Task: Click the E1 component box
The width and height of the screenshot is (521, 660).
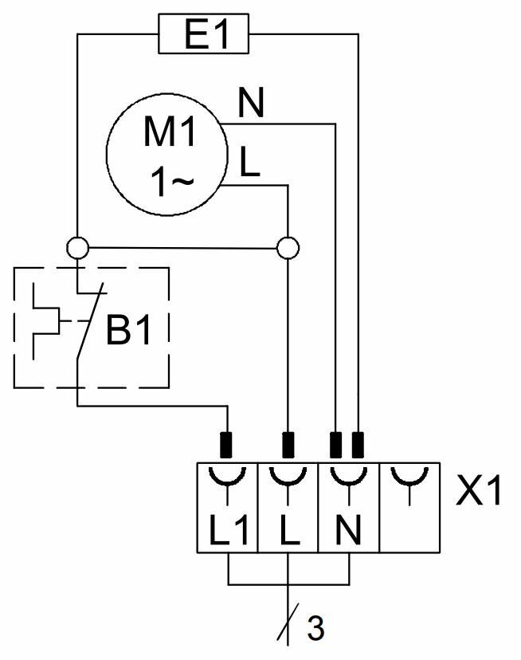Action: [x=205, y=35]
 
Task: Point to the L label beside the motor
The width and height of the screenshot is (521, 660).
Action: [x=249, y=163]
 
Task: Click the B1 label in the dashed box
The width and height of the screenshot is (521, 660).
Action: [x=128, y=332]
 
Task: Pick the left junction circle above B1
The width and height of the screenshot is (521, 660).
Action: [x=77, y=248]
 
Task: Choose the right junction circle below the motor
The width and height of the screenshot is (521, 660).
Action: [x=287, y=248]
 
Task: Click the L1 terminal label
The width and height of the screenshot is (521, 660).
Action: [x=228, y=530]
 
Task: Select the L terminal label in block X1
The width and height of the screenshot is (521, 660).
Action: [x=288, y=530]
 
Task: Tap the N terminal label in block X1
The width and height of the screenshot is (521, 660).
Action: [x=348, y=530]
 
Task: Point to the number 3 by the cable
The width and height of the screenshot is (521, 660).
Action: [x=315, y=629]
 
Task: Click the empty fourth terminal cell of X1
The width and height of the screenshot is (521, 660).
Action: [x=409, y=507]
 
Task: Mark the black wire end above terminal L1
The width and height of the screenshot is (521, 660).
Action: [x=227, y=442]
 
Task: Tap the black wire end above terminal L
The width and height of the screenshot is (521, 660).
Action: [x=288, y=442]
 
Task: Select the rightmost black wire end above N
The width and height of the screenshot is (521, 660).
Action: [x=358, y=442]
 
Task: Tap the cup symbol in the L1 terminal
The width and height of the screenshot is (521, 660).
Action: [x=228, y=478]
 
